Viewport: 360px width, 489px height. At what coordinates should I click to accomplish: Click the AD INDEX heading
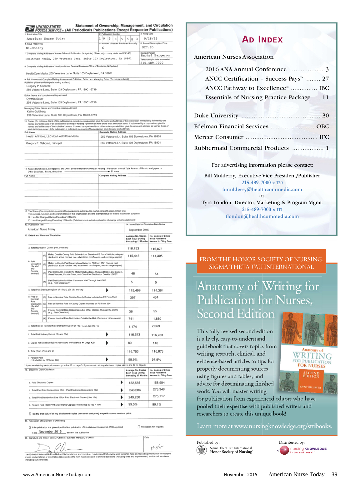[x=262, y=40]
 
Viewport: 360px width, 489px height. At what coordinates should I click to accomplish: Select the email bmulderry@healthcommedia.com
[x=262, y=190]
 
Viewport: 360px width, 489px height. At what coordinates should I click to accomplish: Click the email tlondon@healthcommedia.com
[x=262, y=216]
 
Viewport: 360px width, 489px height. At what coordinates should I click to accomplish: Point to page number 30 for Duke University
[x=325, y=116]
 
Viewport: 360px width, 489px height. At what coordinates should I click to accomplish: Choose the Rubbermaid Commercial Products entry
[x=241, y=148]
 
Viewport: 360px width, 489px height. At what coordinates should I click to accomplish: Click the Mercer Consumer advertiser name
[x=218, y=137]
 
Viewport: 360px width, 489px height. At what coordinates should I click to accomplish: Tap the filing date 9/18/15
[x=151, y=39]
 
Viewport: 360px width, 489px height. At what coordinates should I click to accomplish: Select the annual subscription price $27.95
[x=147, y=47]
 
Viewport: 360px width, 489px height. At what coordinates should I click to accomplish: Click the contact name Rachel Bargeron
[x=155, y=56]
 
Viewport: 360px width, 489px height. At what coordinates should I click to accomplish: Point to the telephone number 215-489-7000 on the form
[x=152, y=63]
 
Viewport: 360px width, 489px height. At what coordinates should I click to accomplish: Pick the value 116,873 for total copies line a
[x=157, y=249]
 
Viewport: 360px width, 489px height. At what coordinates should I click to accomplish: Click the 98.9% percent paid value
[x=133, y=359]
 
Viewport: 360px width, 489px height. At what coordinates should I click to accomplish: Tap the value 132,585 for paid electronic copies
[x=134, y=383]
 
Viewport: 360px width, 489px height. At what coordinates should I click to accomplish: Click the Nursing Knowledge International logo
[x=302, y=450]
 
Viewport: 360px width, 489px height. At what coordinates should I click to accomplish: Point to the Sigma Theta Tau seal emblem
[x=202, y=450]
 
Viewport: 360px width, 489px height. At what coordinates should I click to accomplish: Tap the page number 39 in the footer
[x=334, y=474]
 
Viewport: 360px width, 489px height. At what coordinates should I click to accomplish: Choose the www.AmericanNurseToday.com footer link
[x=57, y=475]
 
